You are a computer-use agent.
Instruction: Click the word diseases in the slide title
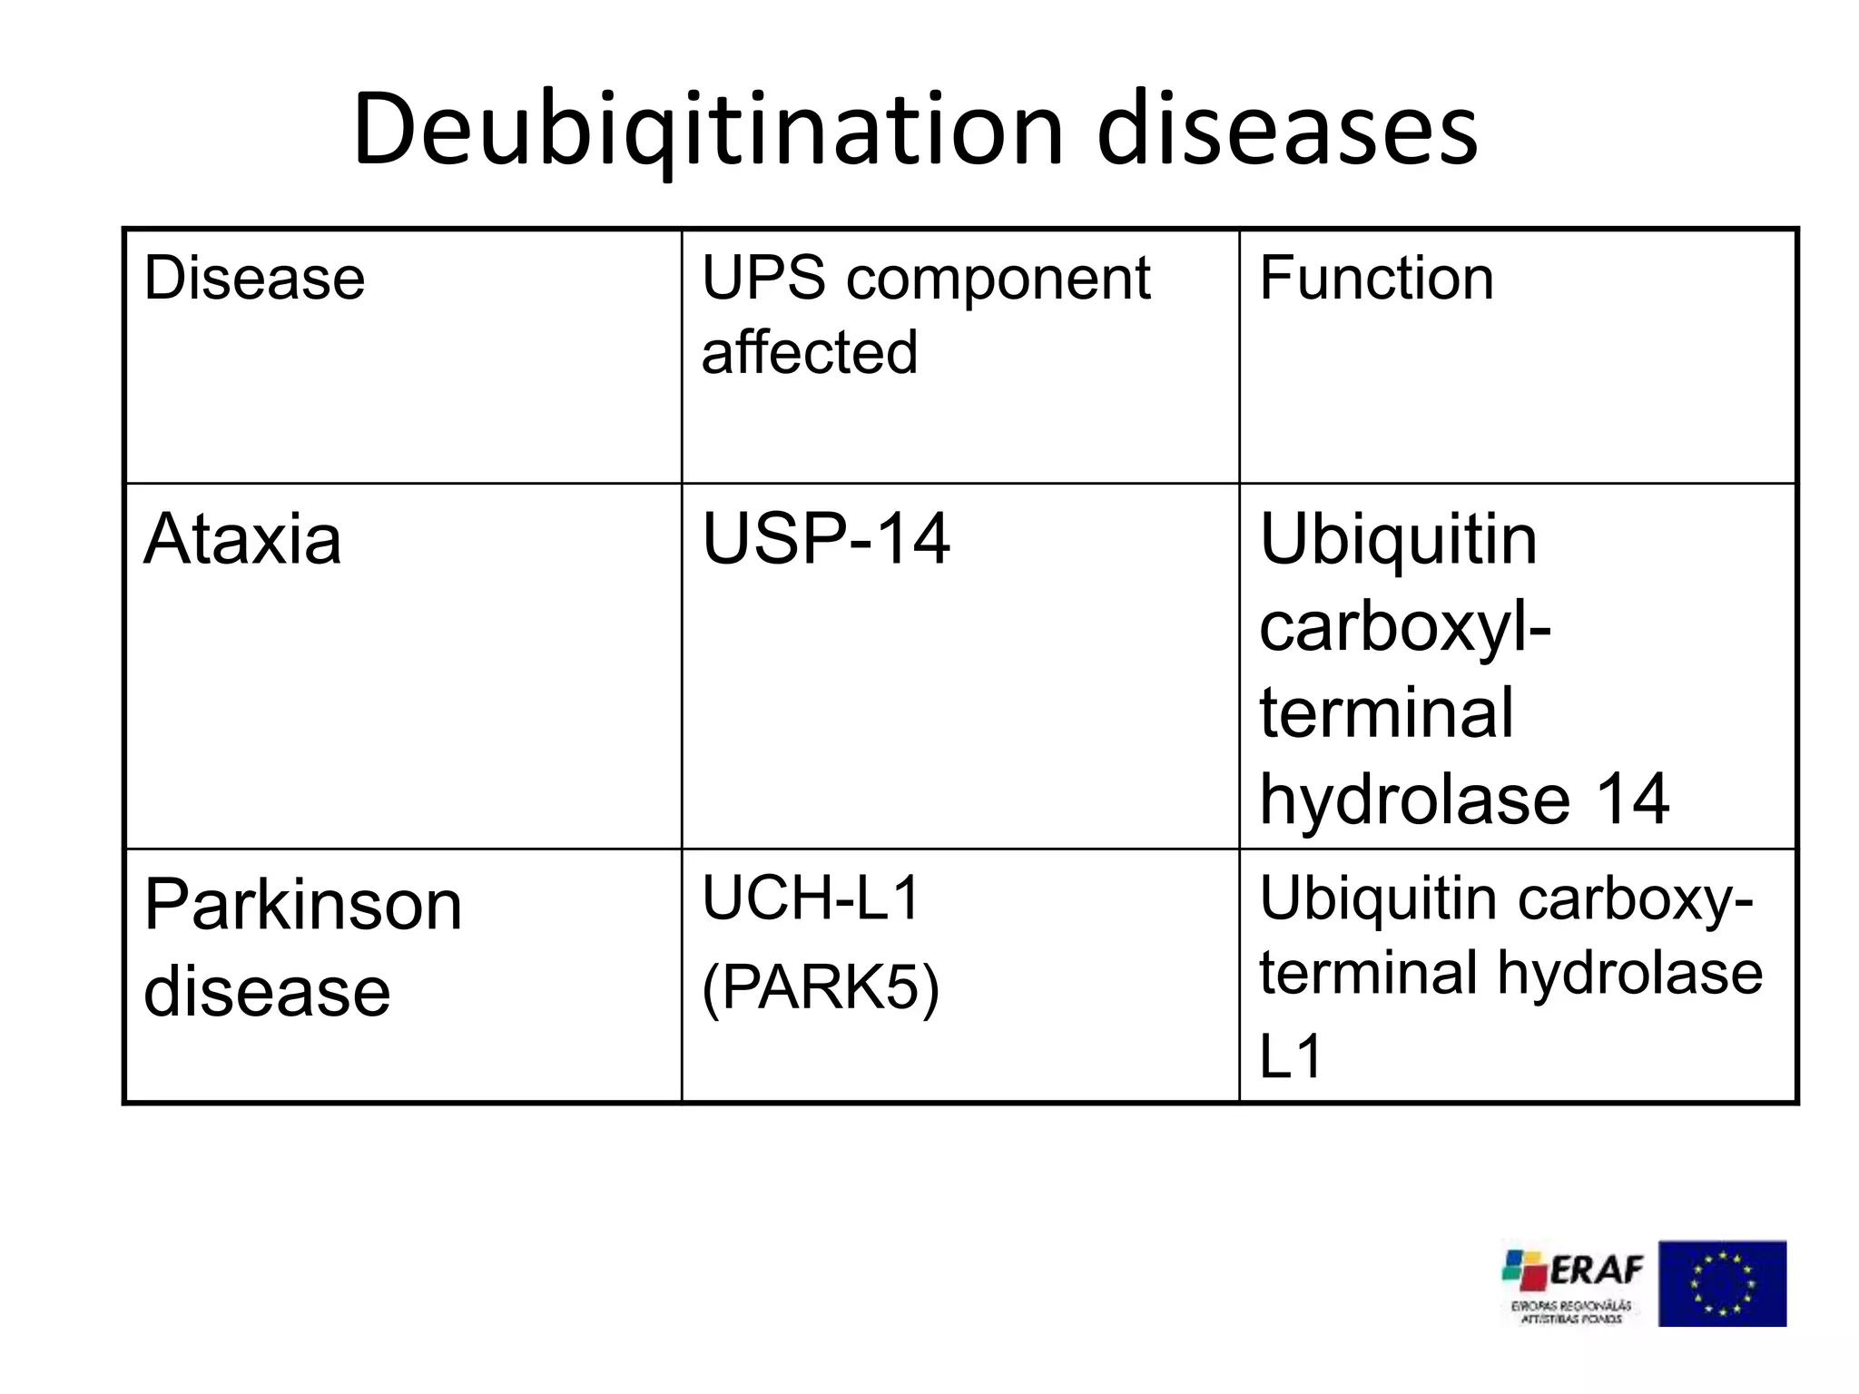tap(1287, 129)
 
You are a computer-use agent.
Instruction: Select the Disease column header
tap(254, 278)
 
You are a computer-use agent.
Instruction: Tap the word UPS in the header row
tap(763, 278)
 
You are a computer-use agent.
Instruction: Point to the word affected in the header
tap(810, 352)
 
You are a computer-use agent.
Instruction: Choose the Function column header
tap(1376, 278)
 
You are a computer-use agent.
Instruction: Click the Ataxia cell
tap(242, 539)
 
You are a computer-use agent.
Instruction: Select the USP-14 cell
tap(826, 539)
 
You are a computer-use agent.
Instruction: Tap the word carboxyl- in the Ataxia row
tap(1405, 626)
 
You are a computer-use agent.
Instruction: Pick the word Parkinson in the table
tap(303, 905)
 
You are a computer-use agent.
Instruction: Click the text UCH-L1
tap(811, 898)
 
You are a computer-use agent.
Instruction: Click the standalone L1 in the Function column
tap(1291, 1055)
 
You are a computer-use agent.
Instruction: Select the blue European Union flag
tap(1722, 1283)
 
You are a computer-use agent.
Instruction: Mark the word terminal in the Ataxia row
tap(1386, 712)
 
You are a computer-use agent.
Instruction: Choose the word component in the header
tap(998, 280)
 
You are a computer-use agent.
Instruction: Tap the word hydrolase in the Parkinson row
tap(1629, 973)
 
